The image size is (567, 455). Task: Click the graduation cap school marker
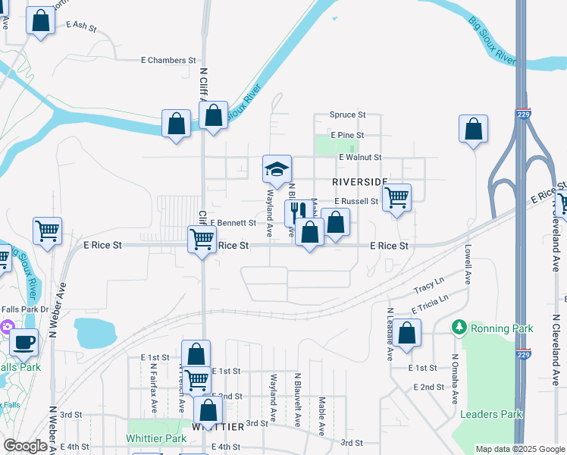point(277,168)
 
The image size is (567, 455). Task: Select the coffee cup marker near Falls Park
point(23,342)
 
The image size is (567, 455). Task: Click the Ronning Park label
point(502,328)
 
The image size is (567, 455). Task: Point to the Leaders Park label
point(491,414)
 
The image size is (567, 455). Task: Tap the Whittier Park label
point(155,438)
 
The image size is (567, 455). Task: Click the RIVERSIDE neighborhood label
point(360,182)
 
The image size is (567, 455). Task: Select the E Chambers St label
point(168,60)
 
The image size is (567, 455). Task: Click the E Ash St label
point(82,26)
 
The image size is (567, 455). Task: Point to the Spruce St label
point(347,115)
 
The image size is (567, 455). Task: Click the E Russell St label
point(356,202)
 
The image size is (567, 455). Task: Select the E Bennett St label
point(233,223)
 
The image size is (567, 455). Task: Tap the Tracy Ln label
point(429,287)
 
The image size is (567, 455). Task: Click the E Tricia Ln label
point(430,303)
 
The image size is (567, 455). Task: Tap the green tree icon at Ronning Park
point(459,328)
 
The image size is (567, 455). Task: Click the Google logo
point(25,446)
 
